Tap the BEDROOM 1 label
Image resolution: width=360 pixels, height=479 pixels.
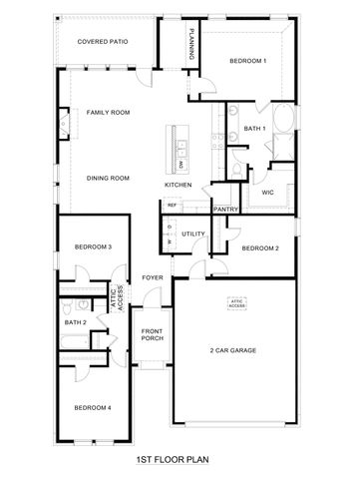pyautogui.click(x=248, y=61)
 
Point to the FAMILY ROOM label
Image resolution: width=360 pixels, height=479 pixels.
pyautogui.click(x=109, y=113)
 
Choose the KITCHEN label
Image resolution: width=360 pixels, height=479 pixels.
pyautogui.click(x=179, y=185)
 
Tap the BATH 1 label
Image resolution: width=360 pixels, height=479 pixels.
pyautogui.click(x=253, y=128)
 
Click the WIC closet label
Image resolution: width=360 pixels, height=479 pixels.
pyautogui.click(x=268, y=165)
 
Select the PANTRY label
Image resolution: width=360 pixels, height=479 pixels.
pyautogui.click(x=226, y=210)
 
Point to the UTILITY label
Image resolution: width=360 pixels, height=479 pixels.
pyautogui.click(x=193, y=233)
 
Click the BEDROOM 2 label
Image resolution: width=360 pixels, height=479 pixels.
pyautogui.click(x=260, y=246)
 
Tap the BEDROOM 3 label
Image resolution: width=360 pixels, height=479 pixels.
pyautogui.click(x=93, y=246)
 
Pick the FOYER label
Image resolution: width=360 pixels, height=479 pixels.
pyautogui.click(x=153, y=277)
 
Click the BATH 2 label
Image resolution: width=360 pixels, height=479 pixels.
pyautogui.click(x=76, y=322)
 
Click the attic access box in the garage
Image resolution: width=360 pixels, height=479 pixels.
pyautogui.click(x=237, y=302)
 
